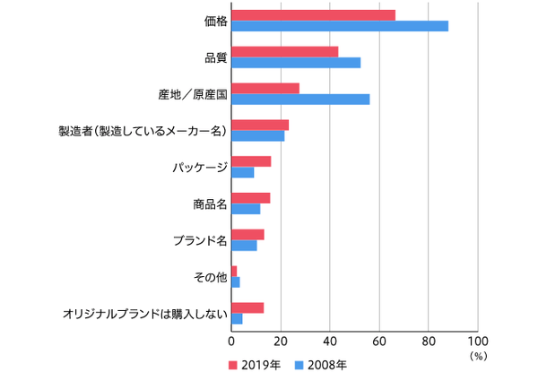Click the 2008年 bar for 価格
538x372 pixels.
(340, 26)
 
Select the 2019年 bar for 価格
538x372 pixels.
(314, 14)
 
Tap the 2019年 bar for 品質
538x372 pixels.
(285, 51)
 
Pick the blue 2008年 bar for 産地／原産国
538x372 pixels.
(300, 99)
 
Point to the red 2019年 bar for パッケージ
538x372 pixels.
(251, 161)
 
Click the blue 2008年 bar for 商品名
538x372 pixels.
(246, 209)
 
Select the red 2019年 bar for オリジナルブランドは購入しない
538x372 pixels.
(247, 307)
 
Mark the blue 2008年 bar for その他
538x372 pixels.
(236, 282)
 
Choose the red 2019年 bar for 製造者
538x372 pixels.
(260, 125)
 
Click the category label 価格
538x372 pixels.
(215, 21)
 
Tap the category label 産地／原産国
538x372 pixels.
(191, 93)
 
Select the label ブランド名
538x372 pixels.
(199, 240)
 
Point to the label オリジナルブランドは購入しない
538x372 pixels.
(145, 314)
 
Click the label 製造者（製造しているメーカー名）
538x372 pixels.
(142, 131)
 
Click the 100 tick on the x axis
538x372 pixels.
(478, 342)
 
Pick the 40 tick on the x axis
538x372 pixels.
(330, 342)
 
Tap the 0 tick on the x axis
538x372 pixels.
(232, 342)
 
